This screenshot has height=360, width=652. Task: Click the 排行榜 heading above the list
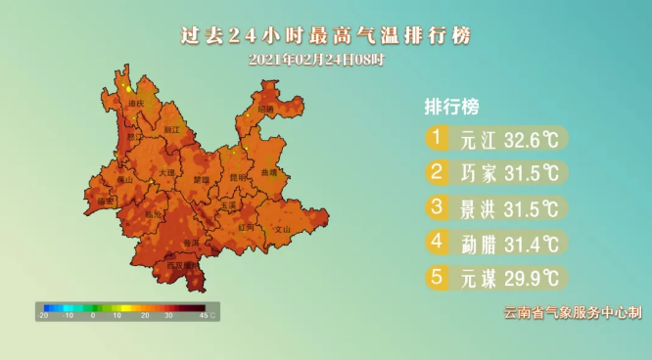pyautogui.click(x=451, y=106)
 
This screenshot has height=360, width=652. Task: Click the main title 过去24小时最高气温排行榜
pyautogui.click(x=326, y=35)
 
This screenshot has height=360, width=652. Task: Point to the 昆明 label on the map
pyautogui.click(x=238, y=178)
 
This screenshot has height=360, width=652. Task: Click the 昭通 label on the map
pyautogui.click(x=266, y=108)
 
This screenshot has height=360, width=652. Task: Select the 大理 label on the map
pyautogui.click(x=165, y=172)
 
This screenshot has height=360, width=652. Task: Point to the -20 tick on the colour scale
pyautogui.click(x=43, y=316)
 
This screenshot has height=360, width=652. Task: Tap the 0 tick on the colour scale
pyautogui.click(x=93, y=316)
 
